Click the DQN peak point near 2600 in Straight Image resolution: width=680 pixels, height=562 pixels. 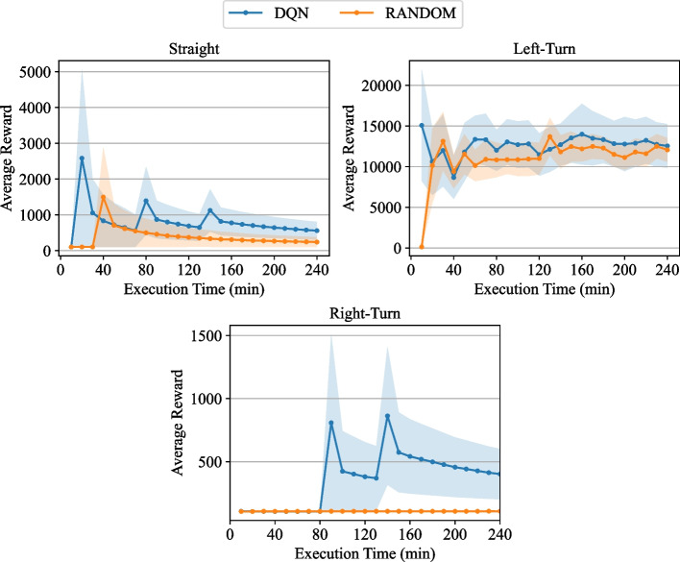click(x=83, y=159)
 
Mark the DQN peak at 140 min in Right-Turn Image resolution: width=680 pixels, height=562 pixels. click(x=388, y=416)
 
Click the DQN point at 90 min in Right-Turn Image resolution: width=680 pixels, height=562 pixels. click(x=331, y=423)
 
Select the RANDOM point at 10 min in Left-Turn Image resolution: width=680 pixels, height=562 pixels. click(x=422, y=248)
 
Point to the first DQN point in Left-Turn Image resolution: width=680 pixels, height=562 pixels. click(x=422, y=125)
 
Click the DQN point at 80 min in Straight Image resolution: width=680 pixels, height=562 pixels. click(x=146, y=201)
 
